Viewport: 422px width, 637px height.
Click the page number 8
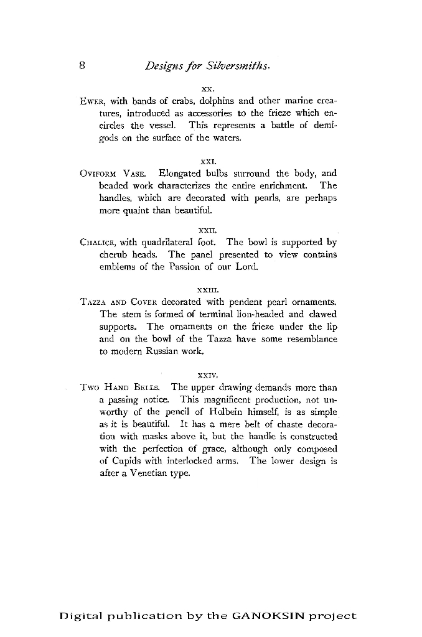click(x=82, y=65)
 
